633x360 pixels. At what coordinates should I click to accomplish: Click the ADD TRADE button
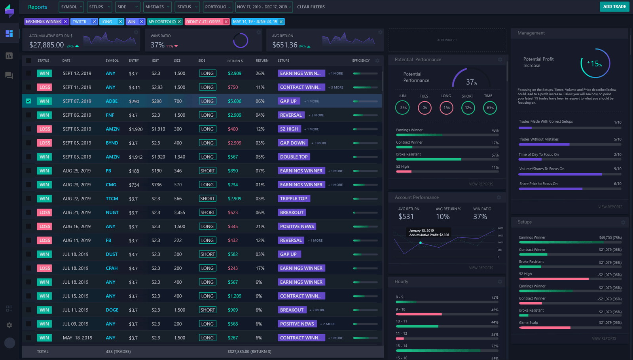pyautogui.click(x=614, y=7)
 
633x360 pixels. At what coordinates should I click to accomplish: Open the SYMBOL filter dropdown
pyautogui.click(x=71, y=7)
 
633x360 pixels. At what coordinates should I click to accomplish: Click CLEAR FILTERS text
pyautogui.click(x=311, y=7)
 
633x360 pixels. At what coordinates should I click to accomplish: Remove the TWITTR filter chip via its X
pyautogui.click(x=94, y=22)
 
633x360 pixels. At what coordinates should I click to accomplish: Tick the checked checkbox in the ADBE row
pyautogui.click(x=28, y=101)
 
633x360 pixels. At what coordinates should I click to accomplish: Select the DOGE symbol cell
pyautogui.click(x=112, y=310)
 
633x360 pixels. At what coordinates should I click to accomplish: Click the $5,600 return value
pyautogui.click(x=234, y=101)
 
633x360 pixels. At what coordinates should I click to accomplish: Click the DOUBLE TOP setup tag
pyautogui.click(x=294, y=157)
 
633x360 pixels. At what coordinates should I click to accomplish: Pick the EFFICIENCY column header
pyautogui.click(x=361, y=61)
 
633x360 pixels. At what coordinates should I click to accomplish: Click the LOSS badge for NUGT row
pyautogui.click(x=45, y=212)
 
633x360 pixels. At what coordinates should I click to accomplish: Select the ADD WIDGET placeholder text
pyautogui.click(x=447, y=40)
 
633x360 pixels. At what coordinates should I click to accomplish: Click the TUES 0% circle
pyautogui.click(x=425, y=108)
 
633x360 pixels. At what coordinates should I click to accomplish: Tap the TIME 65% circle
pyautogui.click(x=489, y=108)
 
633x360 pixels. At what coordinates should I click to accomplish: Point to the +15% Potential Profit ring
pyautogui.click(x=595, y=63)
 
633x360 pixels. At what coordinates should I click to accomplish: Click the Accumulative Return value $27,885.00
pyautogui.click(x=46, y=45)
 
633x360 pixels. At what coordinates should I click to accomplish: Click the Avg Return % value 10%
pyautogui.click(x=442, y=217)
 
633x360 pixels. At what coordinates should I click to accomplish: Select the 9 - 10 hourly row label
pyautogui.click(x=400, y=309)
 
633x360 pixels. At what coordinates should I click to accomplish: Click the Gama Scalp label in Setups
pyautogui.click(x=528, y=322)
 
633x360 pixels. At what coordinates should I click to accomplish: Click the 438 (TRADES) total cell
pyautogui.click(x=118, y=351)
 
